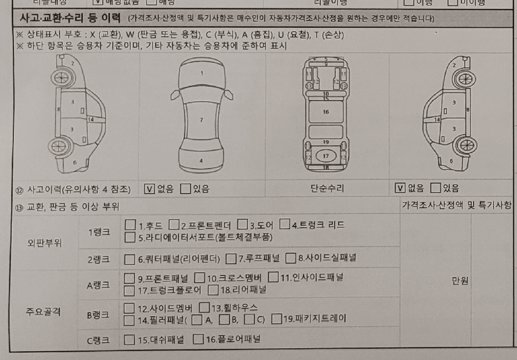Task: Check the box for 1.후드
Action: [130, 225]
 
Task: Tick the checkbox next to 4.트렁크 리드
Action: [285, 225]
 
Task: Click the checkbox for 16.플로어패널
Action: [198, 339]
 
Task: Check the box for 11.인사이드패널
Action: [273, 277]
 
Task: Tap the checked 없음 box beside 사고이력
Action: [149, 189]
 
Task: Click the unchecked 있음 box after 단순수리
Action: [436, 189]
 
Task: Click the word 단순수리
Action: [327, 189]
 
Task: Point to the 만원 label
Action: [461, 281]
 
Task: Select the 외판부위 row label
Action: [44, 243]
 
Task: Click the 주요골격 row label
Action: [43, 311]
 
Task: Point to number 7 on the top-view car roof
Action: [201, 120]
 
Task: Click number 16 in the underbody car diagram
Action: [326, 112]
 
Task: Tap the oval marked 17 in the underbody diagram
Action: [326, 156]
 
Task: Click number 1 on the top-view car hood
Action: [201, 73]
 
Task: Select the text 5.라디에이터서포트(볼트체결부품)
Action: [205, 237]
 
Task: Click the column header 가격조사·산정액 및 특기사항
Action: [456, 205]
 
